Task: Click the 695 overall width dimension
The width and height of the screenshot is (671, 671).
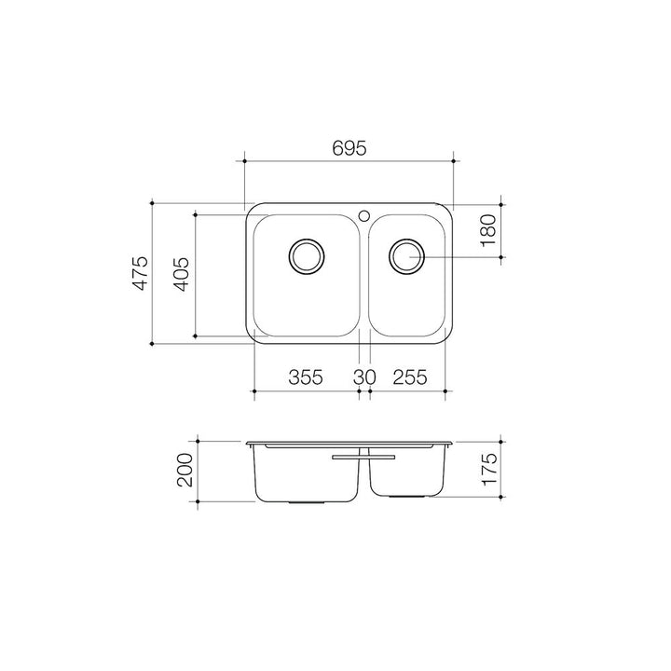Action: tap(349, 148)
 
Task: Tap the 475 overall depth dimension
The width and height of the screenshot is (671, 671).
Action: tap(141, 273)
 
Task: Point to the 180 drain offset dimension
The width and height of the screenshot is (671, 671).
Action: tap(487, 231)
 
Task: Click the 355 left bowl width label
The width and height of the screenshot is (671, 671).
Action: tap(306, 377)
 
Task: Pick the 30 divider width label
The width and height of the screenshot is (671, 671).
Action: tap(364, 377)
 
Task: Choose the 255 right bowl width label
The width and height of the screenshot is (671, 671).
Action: tap(410, 377)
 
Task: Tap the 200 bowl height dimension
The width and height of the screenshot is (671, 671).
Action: tap(185, 470)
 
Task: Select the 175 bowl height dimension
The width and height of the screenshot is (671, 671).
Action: tap(489, 470)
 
